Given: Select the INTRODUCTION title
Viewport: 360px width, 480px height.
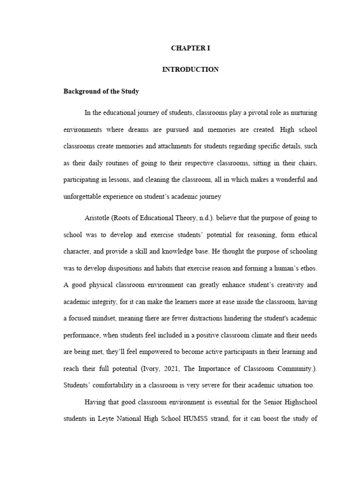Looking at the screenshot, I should coord(190,69).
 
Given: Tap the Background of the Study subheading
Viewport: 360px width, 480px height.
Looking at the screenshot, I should coord(101,91).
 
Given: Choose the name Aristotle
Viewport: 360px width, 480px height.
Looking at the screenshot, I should coord(97,217).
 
